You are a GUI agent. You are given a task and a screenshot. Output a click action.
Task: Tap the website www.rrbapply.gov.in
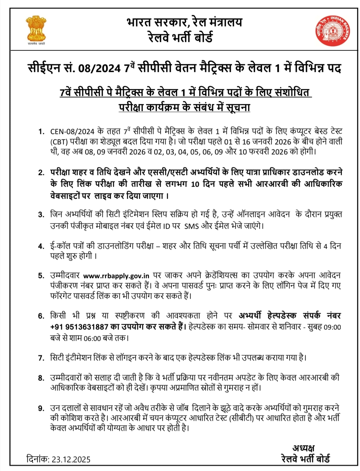pos(116,276)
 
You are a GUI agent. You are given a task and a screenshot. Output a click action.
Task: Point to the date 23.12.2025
pos(71,459)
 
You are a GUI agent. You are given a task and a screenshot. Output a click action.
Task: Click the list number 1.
pos(41,131)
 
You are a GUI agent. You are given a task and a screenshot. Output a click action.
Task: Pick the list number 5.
pos(41,276)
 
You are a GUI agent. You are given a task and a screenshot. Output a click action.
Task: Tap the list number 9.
pos(41,408)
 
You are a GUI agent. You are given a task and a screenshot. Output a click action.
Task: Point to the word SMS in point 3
pos(191,226)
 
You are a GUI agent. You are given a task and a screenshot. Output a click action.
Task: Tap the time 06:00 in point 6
pos(92,338)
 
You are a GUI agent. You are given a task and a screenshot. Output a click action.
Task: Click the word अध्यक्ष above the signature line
pos(303,448)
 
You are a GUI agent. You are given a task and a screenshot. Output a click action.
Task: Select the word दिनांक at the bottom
pos(38,459)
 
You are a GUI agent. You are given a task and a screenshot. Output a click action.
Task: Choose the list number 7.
pos(41,358)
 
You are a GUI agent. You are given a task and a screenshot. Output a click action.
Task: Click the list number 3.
pos(41,214)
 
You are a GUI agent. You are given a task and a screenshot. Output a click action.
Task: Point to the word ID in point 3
pos(166,226)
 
